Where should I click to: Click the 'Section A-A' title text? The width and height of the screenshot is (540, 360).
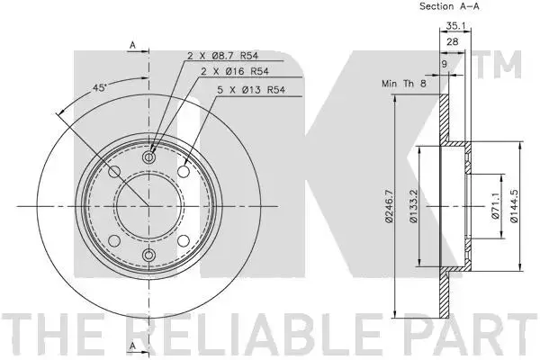click(x=449, y=6)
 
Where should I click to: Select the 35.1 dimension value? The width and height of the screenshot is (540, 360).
click(x=455, y=25)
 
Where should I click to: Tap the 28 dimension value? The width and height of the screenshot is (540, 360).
click(x=453, y=41)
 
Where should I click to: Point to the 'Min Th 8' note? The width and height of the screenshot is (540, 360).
click(x=404, y=84)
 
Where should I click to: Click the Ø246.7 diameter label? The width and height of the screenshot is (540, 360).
click(x=389, y=206)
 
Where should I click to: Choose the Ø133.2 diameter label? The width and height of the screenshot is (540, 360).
click(x=414, y=206)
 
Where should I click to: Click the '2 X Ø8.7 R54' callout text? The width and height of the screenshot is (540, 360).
click(x=223, y=56)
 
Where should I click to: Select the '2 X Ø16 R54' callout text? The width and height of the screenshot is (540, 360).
click(x=235, y=71)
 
